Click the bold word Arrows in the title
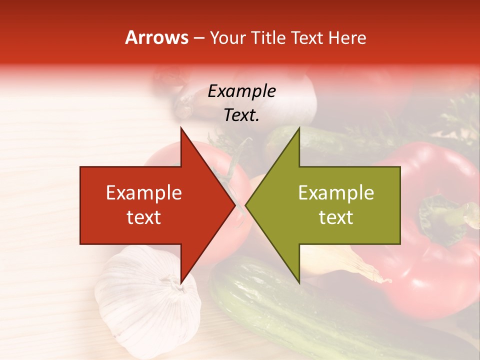coord(156,38)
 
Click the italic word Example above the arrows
coord(242,91)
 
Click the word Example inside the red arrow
coord(144,193)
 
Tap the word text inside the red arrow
coord(144,217)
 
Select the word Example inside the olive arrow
coord(336,193)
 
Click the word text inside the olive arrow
coord(336,217)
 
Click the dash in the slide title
coord(198,38)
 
